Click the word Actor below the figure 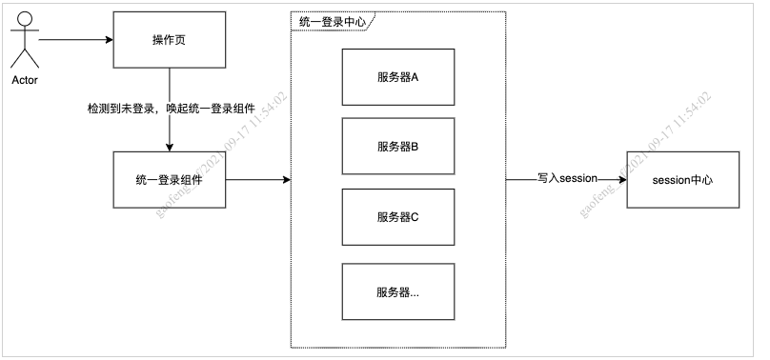click(25, 80)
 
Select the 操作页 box click(170, 40)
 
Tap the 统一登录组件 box click(170, 179)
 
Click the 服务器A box click(397, 76)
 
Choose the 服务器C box click(397, 216)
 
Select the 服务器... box click(397, 292)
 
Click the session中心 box click(682, 179)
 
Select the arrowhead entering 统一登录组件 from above click(170, 147)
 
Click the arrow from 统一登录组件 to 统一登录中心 click(257, 179)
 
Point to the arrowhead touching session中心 click(621, 179)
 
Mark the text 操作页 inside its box click(170, 40)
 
